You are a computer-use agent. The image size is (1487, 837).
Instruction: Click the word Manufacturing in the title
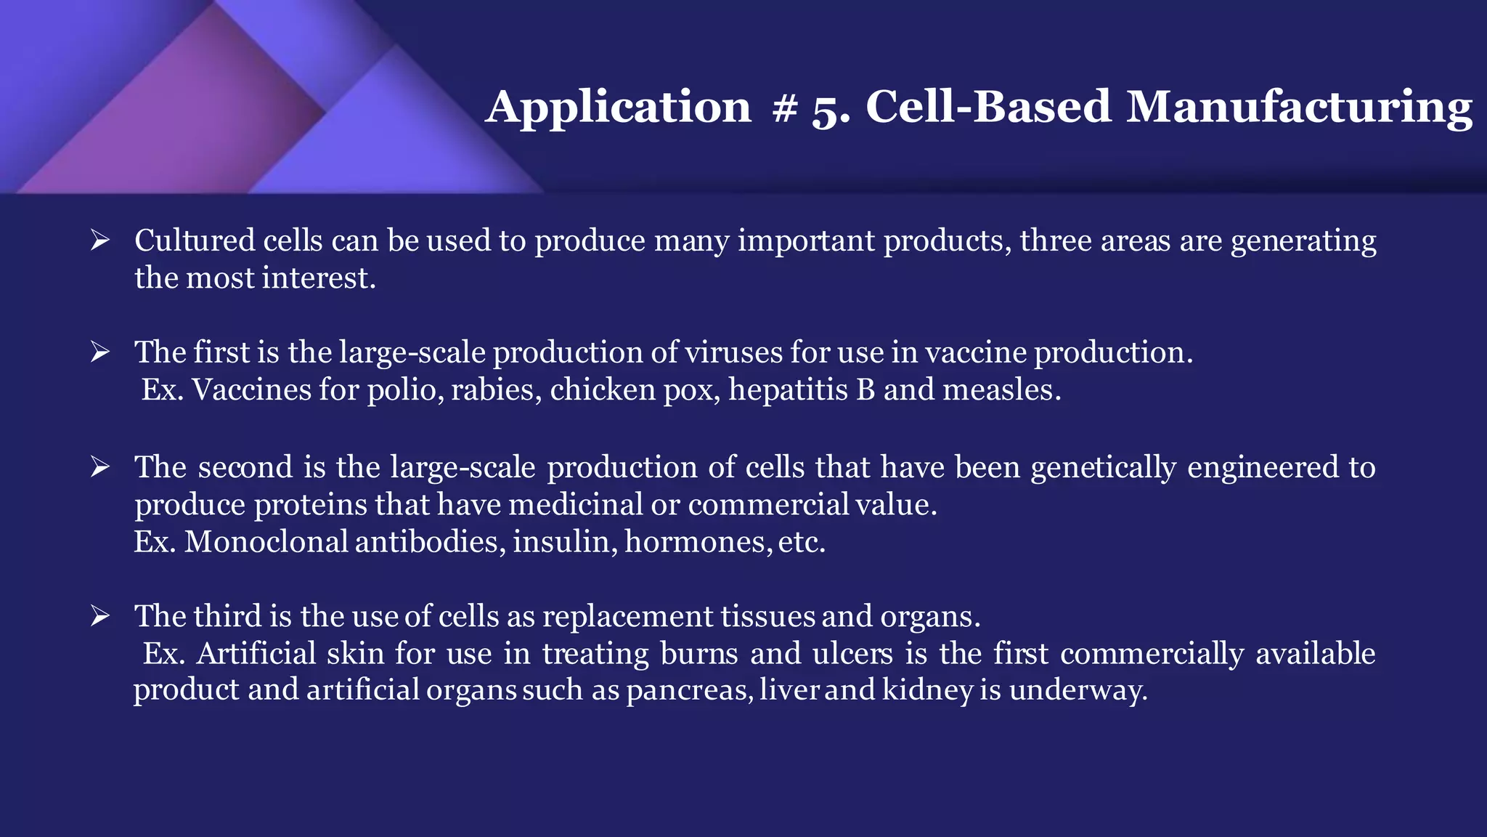1299,108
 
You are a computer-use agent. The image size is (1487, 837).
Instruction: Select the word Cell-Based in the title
988,108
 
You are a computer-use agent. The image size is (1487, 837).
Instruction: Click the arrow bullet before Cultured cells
100,240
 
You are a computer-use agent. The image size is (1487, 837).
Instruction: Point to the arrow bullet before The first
100,352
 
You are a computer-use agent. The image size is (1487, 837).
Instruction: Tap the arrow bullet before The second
100,467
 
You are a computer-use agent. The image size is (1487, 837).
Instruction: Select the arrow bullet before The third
100,616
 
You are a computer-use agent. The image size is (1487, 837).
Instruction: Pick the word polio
404,391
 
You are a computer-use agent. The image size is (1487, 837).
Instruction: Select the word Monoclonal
266,542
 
